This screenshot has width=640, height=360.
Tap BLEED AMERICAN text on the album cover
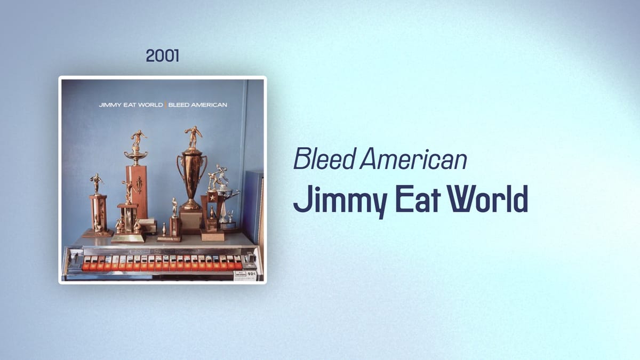(x=198, y=105)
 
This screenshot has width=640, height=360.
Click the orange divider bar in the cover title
(x=165, y=105)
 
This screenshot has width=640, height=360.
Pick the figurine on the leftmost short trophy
(x=97, y=183)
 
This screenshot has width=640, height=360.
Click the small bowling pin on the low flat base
(x=164, y=230)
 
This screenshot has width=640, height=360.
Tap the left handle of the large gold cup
(x=180, y=166)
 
